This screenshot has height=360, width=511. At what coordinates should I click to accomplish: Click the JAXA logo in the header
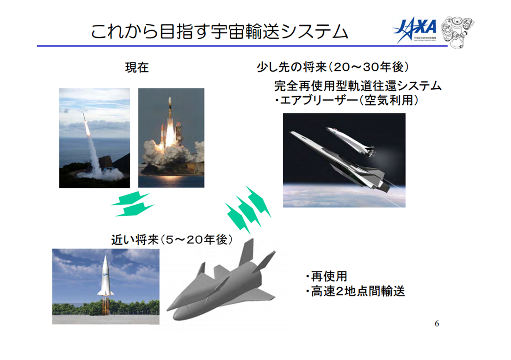click(415, 30)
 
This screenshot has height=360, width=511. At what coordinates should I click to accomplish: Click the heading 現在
click(137, 68)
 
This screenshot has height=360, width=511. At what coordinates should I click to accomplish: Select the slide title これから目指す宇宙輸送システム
click(219, 32)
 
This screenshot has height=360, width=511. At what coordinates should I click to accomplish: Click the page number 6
click(437, 323)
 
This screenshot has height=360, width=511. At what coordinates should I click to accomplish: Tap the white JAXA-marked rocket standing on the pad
click(105, 277)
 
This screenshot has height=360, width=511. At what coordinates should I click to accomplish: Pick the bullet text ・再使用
click(326, 277)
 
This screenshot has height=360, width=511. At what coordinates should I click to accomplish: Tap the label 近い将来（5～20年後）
click(171, 240)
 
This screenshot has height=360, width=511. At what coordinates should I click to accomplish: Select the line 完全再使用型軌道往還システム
click(358, 86)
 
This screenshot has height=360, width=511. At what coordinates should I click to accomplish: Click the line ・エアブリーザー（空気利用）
click(347, 100)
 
